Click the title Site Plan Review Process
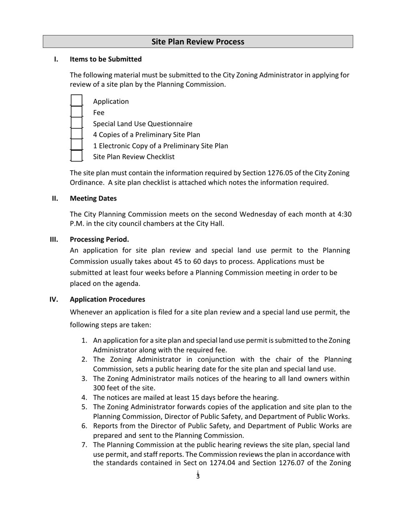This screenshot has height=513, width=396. [x=198, y=42]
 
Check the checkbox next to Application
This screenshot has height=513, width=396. [x=77, y=101]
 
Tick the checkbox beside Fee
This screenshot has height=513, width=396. [x=77, y=113]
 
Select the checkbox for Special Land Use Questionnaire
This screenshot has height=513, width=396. [x=77, y=123]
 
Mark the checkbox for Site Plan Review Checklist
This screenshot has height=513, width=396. [x=77, y=156]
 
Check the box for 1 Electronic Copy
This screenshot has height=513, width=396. [x=77, y=146]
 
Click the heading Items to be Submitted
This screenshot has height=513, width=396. [x=105, y=59]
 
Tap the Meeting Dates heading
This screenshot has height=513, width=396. [x=93, y=198]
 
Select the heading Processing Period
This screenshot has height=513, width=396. [x=99, y=239]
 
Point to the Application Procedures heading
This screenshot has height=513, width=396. [x=107, y=299]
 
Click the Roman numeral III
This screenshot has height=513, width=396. [x=54, y=239]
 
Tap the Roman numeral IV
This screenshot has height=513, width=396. [x=54, y=299]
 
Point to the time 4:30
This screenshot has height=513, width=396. [x=344, y=214]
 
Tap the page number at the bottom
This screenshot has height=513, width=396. [x=198, y=475]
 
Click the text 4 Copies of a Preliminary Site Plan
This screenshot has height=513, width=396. [x=146, y=135]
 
